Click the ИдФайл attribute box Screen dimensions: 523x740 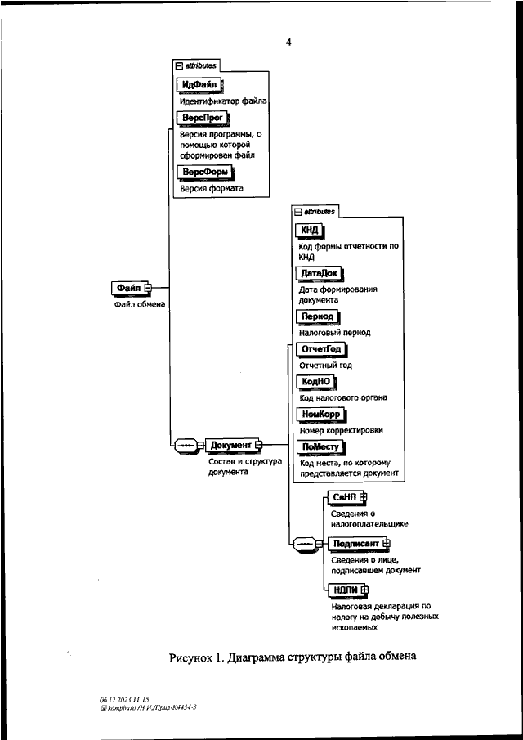(x=199, y=85)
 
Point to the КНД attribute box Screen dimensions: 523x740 (x=311, y=231)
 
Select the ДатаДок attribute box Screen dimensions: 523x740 (x=320, y=274)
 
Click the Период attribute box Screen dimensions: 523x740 (x=317, y=316)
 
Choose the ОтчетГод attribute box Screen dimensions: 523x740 (x=320, y=350)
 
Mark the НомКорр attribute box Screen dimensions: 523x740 (x=320, y=415)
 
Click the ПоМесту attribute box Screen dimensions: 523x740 (x=320, y=447)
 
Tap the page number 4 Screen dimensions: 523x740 (x=288, y=42)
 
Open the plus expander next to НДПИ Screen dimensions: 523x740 (x=364, y=590)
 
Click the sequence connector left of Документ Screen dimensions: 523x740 (x=188, y=445)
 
